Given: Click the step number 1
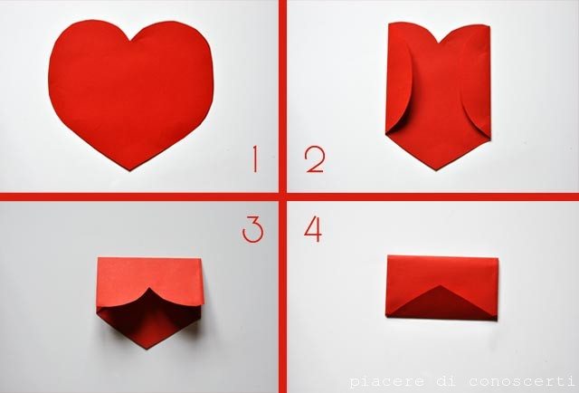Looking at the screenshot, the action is [255, 159].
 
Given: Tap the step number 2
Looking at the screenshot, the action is [315, 159].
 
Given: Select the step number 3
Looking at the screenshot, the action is [253, 229].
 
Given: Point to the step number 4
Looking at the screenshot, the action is [313, 229].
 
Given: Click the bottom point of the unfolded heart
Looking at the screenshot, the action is [129, 170].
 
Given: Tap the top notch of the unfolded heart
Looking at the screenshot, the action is [130, 40].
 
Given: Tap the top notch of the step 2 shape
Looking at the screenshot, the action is [439, 43].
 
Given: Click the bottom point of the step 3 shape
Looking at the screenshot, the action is [147, 349].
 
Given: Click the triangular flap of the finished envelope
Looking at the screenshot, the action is [441, 304].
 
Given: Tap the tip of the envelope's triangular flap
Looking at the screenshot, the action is [441, 286].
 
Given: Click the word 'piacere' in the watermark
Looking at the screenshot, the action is [384, 382].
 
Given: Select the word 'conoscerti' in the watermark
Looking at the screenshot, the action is [518, 381].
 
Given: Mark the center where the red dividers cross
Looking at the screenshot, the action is [282, 196].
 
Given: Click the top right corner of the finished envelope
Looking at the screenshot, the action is [498, 259].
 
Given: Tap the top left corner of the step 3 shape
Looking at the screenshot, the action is [99, 258].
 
